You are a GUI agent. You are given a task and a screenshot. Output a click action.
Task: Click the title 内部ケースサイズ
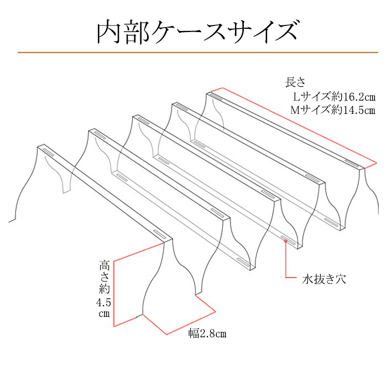pyautogui.click(x=197, y=32)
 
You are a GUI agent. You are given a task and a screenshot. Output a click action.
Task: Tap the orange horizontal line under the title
pyautogui.click(x=198, y=53)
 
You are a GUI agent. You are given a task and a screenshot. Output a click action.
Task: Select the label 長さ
pyautogui.click(x=295, y=82)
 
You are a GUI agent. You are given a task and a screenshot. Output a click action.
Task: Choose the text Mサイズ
pyautogui.click(x=311, y=110)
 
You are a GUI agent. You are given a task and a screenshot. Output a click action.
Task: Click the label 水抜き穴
pyautogui.click(x=324, y=279)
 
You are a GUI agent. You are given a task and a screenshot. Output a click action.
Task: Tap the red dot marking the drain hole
pyautogui.click(x=286, y=241)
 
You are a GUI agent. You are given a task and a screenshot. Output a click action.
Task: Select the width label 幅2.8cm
pyautogui.click(x=207, y=333)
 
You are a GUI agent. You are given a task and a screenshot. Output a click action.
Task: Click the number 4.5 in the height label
pyautogui.click(x=103, y=303)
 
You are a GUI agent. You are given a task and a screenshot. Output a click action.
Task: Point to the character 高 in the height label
pyautogui.click(x=104, y=265)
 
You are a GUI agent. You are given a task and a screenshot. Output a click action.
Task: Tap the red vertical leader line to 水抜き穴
pyautogui.click(x=286, y=259)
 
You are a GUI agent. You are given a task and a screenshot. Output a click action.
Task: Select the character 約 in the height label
pyautogui.click(x=104, y=289)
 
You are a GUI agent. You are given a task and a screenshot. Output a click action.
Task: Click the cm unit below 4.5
pyautogui.click(x=104, y=313)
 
